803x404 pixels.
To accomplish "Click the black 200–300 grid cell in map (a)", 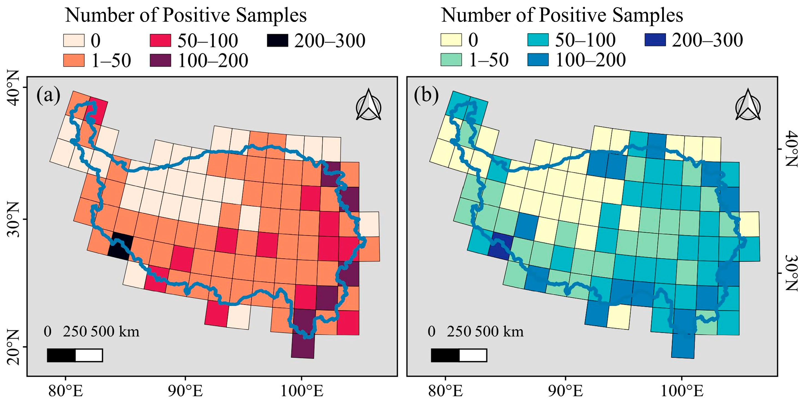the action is pyautogui.click(x=120, y=246).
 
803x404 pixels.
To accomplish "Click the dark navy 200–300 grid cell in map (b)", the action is pyautogui.click(x=500, y=246).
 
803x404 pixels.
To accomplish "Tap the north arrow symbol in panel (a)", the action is pyautogui.click(x=369, y=105).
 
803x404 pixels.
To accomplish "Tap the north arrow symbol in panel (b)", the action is pyautogui.click(x=748, y=105).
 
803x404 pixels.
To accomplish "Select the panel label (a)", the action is pyautogui.click(x=48, y=96).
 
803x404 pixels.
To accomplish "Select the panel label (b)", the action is pyautogui.click(x=426, y=96).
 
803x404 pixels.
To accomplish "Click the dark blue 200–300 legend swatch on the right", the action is pyautogui.click(x=655, y=40).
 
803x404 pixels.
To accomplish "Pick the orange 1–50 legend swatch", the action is pyautogui.click(x=74, y=60).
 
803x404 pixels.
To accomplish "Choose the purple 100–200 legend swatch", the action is pyautogui.click(x=160, y=60).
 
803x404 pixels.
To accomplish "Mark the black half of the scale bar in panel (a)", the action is pyautogui.click(x=61, y=356).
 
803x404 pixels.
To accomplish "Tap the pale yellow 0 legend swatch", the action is pyautogui.click(x=451, y=40).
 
